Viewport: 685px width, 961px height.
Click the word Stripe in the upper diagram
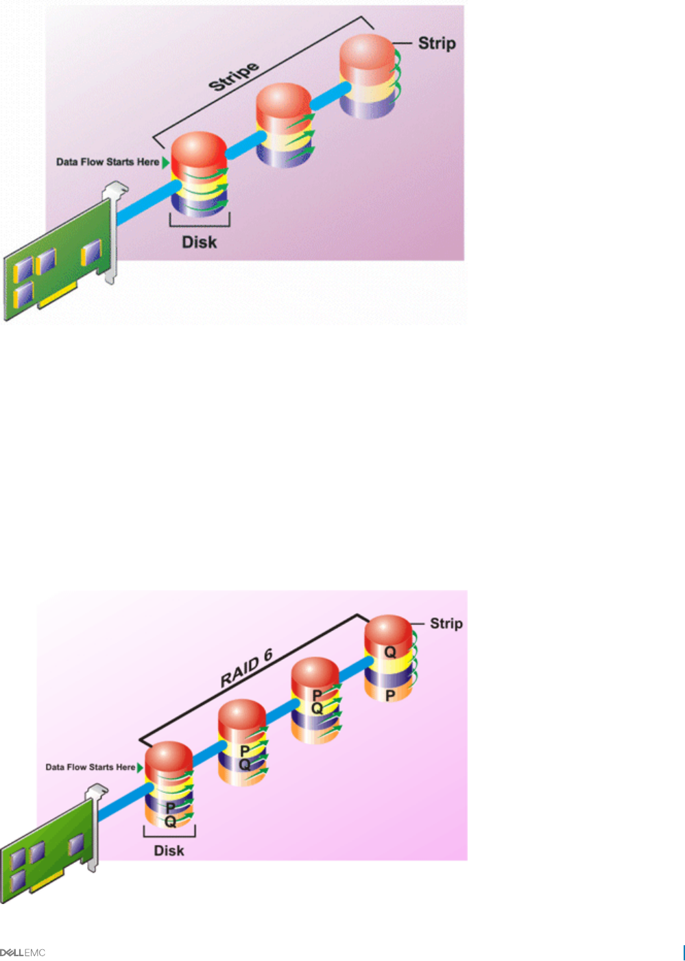click(234, 76)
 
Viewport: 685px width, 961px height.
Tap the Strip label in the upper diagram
click(437, 43)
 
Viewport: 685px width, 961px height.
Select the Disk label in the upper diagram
click(199, 242)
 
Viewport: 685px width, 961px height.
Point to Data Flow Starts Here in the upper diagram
click(108, 162)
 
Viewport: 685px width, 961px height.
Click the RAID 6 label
click(247, 669)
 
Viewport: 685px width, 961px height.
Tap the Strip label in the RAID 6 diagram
click(446, 624)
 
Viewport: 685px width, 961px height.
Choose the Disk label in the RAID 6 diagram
click(169, 851)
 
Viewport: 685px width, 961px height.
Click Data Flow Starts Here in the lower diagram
click(90, 767)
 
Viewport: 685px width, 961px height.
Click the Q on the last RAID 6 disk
click(390, 652)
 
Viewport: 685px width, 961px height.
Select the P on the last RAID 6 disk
click(390, 696)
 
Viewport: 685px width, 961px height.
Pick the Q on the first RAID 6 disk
click(170, 820)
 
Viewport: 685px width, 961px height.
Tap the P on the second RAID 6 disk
click(245, 751)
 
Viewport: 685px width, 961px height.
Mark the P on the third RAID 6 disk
click(317, 696)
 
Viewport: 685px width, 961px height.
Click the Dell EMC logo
click(23, 952)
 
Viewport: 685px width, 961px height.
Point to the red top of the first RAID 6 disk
click(169, 758)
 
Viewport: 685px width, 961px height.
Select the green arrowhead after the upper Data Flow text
click(165, 162)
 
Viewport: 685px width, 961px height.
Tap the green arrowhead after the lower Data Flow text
click(141, 767)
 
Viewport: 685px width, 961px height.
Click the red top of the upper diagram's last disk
click(368, 51)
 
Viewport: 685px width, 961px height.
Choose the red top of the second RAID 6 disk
click(241, 715)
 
